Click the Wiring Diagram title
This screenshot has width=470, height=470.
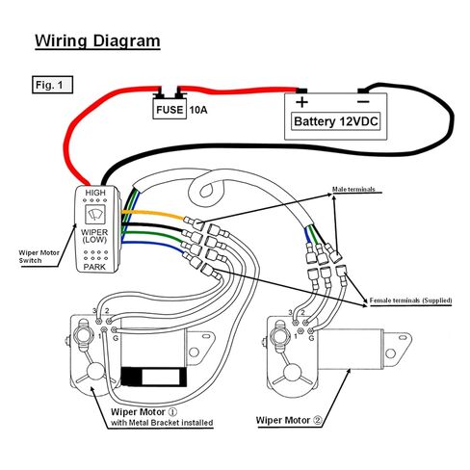tap(97, 41)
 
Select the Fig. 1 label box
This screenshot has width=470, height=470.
tap(52, 85)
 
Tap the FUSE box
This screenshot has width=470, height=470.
tap(170, 109)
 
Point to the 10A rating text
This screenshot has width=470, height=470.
tap(198, 110)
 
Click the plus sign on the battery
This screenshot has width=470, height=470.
tap(301, 102)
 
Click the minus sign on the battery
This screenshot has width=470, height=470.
tap(363, 102)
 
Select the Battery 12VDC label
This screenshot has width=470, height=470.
tap(335, 121)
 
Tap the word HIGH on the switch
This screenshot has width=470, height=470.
tap(95, 193)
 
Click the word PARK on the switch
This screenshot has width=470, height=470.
tap(94, 267)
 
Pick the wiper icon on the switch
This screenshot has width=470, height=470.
tap(94, 214)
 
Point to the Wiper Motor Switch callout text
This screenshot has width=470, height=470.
tap(39, 256)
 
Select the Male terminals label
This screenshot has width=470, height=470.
tap(353, 189)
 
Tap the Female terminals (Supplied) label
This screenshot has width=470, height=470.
tap(410, 300)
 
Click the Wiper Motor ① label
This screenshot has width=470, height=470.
tap(144, 412)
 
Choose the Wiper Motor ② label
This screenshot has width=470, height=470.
tap(289, 420)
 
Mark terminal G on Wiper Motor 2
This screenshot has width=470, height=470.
tap(310, 331)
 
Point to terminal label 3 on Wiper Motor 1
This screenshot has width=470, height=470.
tap(94, 311)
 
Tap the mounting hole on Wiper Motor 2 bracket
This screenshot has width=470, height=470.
tap(390, 353)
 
